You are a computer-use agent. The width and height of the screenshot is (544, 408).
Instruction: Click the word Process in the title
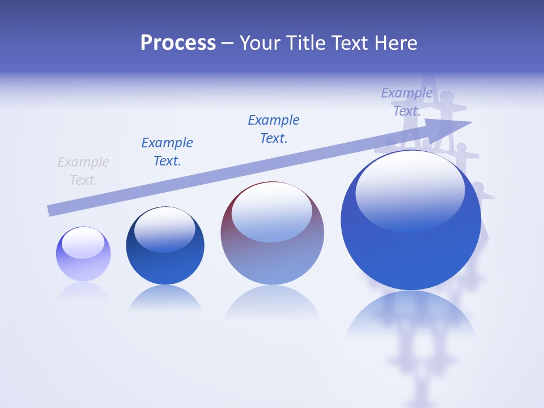pos(178,43)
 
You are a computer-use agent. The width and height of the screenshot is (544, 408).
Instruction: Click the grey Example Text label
pos(83,171)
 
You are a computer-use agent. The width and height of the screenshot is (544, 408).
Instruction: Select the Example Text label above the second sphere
pos(167,151)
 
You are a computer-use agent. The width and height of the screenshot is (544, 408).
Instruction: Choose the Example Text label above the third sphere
pos(274,129)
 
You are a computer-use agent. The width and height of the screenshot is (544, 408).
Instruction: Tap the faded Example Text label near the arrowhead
pos(407,102)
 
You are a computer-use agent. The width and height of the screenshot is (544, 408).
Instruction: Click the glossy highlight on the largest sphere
pos(410,187)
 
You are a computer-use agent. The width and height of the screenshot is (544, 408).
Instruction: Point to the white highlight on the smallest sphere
pos(83,243)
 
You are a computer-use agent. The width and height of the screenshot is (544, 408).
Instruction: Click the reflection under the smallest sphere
pos(83,290)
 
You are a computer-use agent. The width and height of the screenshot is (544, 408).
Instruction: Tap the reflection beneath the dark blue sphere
pos(165,297)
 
